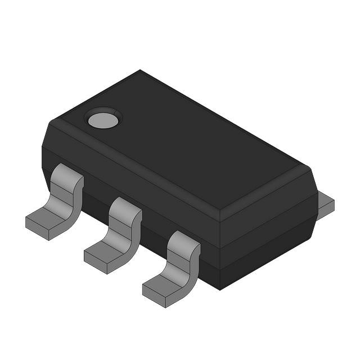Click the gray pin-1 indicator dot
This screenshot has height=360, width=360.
(103, 119)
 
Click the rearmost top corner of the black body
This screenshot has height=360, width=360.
(139, 71)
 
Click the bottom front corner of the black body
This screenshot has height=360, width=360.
(220, 289)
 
